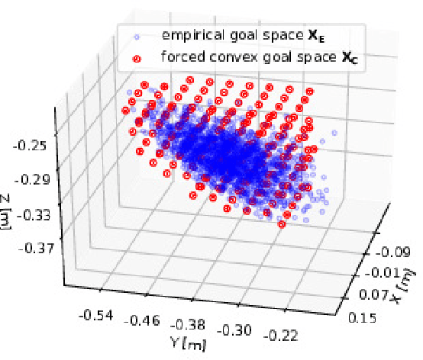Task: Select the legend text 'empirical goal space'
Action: pyautogui.click(x=216, y=35)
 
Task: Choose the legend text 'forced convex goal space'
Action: pyautogui.click(x=226, y=56)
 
